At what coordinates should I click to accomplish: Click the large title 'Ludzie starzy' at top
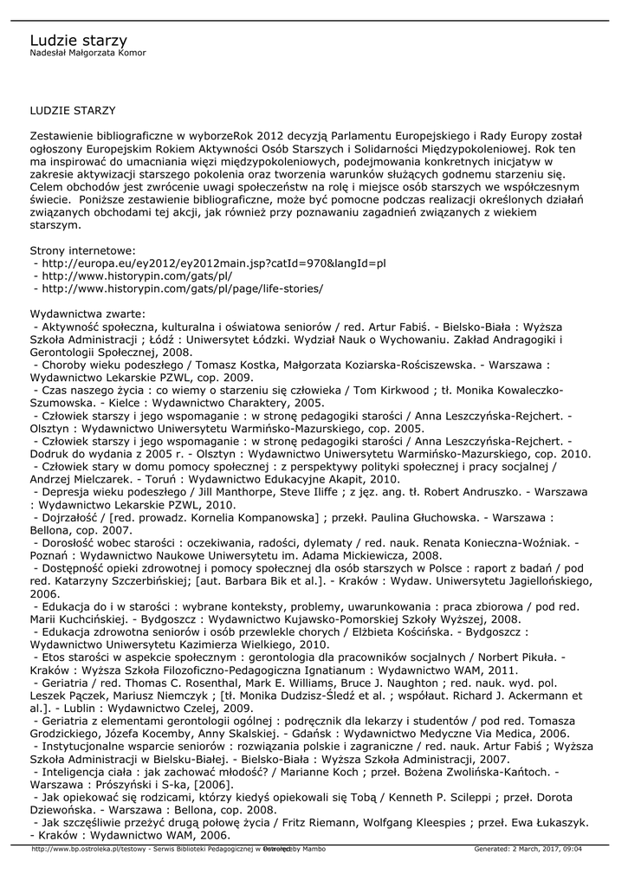[x=78, y=40]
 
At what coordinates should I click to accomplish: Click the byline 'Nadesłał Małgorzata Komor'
[x=87, y=54]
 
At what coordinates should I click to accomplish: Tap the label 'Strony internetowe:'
[x=82, y=249]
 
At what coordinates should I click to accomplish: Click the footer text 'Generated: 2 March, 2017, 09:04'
[x=528, y=849]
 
